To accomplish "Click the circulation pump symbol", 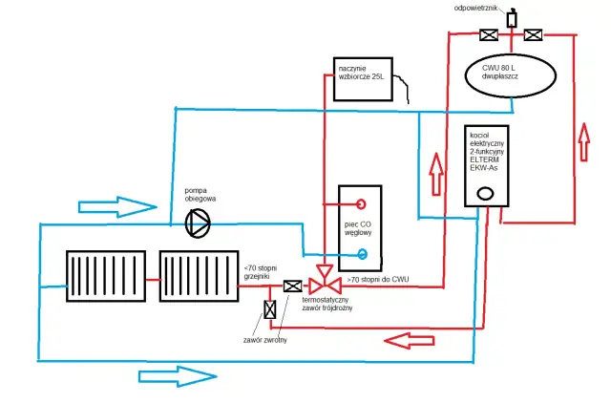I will [198, 223].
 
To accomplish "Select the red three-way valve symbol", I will [329, 286].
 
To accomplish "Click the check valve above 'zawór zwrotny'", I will [269, 309].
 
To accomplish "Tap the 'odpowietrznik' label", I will [508, 5].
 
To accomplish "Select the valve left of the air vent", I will [488, 36].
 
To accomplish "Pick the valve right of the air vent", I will [532, 36].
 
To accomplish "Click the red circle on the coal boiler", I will [362, 203].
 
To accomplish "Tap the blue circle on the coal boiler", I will [362, 254].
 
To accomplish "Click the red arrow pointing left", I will [411, 338].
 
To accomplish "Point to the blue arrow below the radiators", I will [177, 376].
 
